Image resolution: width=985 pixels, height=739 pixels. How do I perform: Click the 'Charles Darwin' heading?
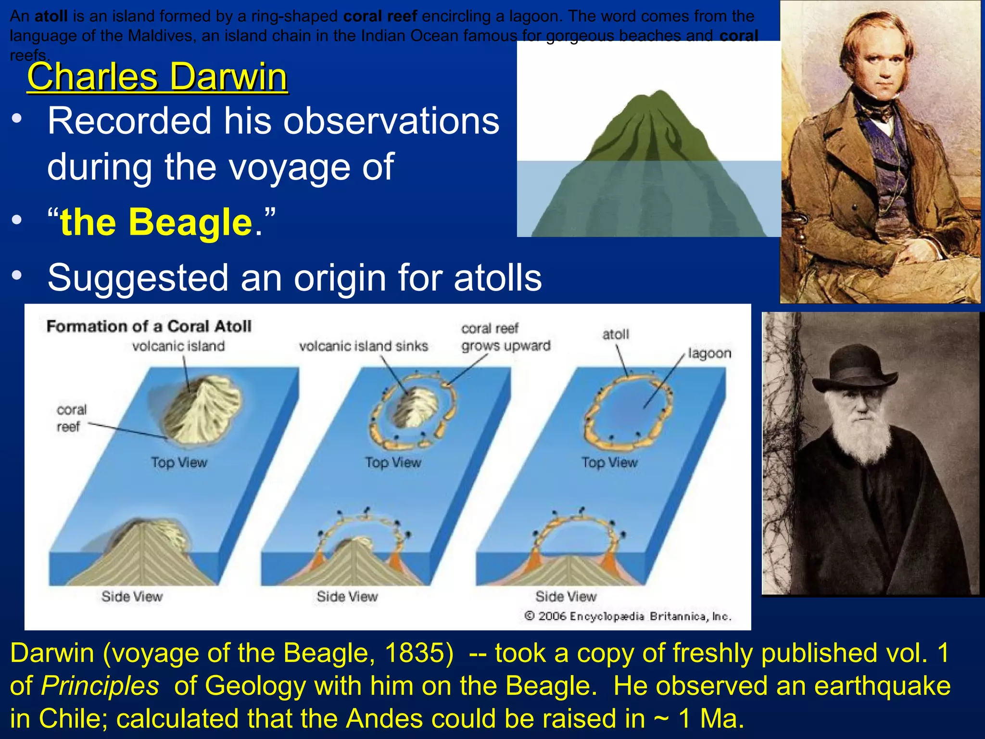(x=157, y=76)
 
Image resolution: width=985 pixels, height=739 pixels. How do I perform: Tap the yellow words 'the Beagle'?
(x=156, y=223)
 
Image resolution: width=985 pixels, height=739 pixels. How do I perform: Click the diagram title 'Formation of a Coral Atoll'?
(x=149, y=327)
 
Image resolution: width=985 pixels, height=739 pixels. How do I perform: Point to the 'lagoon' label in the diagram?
(x=709, y=354)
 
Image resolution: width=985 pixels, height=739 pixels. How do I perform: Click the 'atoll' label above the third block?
(x=616, y=334)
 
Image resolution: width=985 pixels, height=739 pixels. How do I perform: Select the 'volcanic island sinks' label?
(x=363, y=346)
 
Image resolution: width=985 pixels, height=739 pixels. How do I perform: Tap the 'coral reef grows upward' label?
(x=505, y=337)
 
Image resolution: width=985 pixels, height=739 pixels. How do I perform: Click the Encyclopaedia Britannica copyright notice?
(x=628, y=616)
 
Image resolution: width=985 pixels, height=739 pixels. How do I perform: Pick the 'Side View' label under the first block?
(x=132, y=597)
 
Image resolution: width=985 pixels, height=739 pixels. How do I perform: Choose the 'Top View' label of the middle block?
(x=393, y=463)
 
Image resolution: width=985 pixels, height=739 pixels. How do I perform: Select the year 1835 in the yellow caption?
(x=418, y=653)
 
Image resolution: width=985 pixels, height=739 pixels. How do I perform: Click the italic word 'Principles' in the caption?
(x=100, y=686)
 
